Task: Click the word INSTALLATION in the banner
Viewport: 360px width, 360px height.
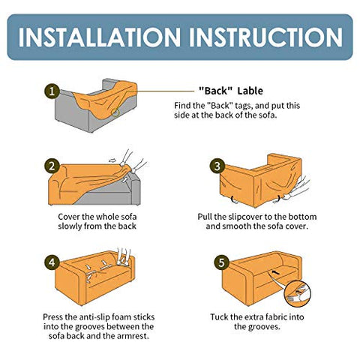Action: tap(99, 37)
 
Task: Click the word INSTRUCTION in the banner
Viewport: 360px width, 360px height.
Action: tap(265, 37)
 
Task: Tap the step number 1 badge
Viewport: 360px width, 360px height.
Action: tap(52, 91)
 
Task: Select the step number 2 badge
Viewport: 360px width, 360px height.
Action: tap(52, 166)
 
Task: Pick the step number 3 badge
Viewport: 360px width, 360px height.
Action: tap(217, 166)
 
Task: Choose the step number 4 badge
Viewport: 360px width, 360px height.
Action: tap(52, 262)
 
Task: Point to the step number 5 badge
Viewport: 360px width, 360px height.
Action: tap(221, 262)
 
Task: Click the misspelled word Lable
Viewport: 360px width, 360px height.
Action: tap(250, 91)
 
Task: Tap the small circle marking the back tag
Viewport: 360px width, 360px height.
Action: tap(115, 113)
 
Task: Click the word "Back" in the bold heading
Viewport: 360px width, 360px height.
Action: tap(216, 91)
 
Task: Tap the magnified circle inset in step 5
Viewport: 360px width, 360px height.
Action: tap(298, 293)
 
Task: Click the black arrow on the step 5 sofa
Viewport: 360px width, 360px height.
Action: tap(276, 272)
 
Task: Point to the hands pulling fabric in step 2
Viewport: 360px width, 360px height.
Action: tap(132, 162)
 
